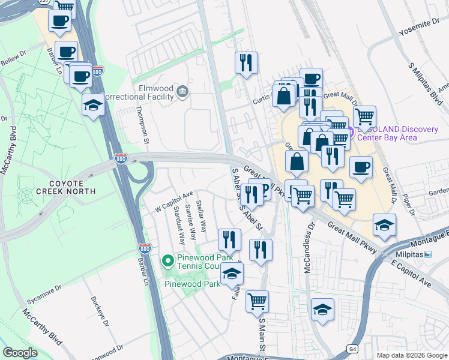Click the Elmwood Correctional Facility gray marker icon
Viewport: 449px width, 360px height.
(x=183, y=91)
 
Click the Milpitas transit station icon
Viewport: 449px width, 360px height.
(x=428, y=254)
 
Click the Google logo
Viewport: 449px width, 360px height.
(x=20, y=353)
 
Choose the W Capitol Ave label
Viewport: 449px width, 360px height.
(x=173, y=201)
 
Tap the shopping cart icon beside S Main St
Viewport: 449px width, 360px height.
(x=257, y=301)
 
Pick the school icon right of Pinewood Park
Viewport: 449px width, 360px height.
(x=231, y=275)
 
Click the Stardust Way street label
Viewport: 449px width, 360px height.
(x=178, y=226)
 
